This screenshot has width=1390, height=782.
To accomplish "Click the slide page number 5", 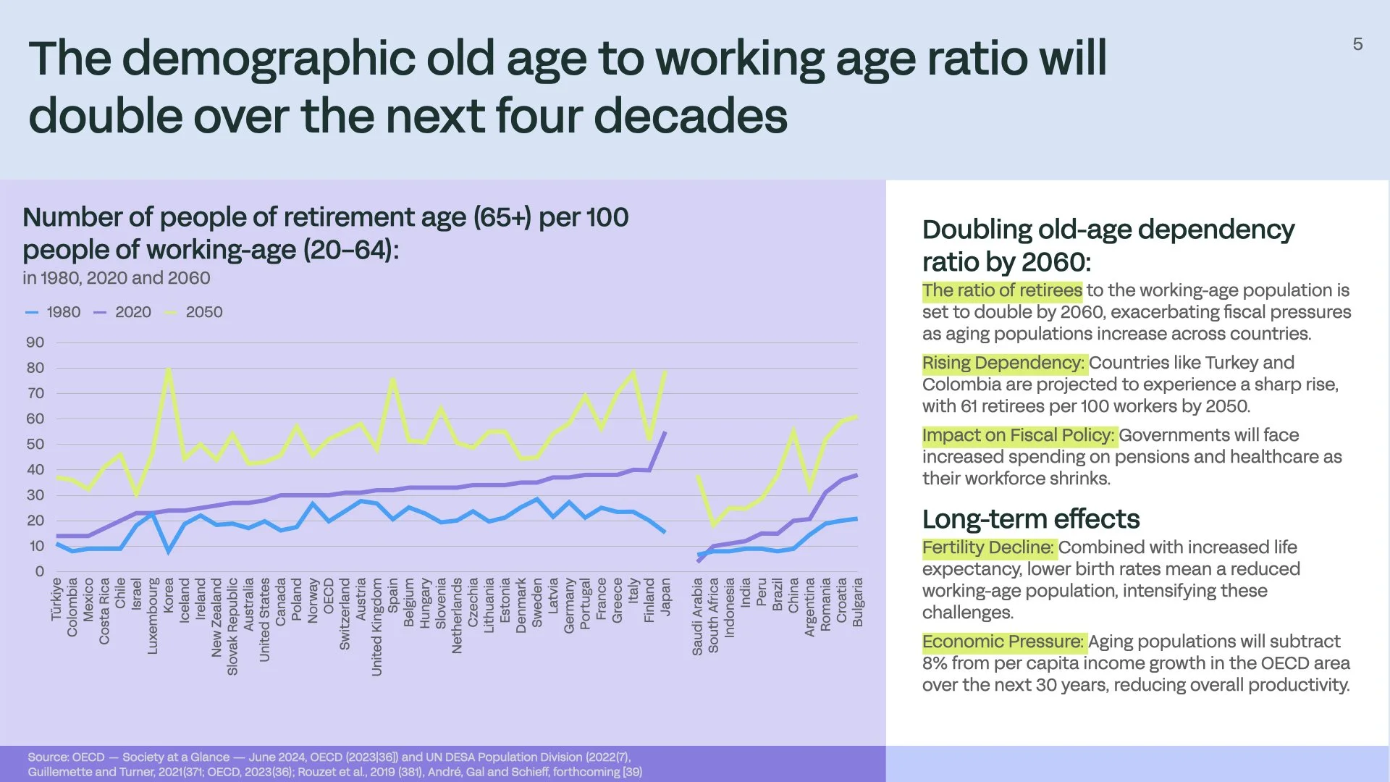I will [1357, 44].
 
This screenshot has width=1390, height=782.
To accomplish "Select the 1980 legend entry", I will [54, 312].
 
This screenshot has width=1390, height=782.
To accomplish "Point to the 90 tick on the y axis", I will [35, 342].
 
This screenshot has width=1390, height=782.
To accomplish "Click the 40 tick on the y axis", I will [35, 470].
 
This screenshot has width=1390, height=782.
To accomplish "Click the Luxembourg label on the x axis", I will [153, 615].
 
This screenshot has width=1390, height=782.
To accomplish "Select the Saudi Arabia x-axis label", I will [697, 616].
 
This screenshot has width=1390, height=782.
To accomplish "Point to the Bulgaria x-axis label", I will [858, 602].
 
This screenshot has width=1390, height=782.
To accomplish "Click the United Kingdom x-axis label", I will [376, 626].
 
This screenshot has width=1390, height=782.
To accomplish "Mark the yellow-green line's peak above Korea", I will [169, 369].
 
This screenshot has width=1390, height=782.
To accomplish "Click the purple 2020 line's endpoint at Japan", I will [665, 432].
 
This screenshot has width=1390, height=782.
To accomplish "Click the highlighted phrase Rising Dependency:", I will [1003, 363].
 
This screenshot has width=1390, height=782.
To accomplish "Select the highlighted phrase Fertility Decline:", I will [988, 547].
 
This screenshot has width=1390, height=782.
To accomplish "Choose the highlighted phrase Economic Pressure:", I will [1003, 642].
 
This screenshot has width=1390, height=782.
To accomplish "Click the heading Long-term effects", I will [1030, 519].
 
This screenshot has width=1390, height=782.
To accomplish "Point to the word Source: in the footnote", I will [48, 757].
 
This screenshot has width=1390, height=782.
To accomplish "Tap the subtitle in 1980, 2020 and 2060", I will [116, 278].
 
